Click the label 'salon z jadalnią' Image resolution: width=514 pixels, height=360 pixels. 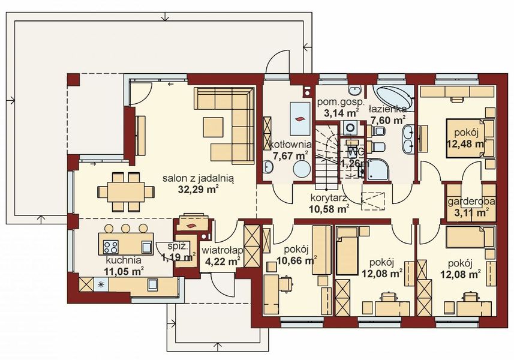[199, 178]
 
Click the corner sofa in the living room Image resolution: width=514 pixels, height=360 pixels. [231, 125]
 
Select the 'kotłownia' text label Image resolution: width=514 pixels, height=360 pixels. [290, 145]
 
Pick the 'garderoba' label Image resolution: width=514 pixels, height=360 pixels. [471, 202]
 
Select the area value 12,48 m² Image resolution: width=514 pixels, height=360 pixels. [466, 144]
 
